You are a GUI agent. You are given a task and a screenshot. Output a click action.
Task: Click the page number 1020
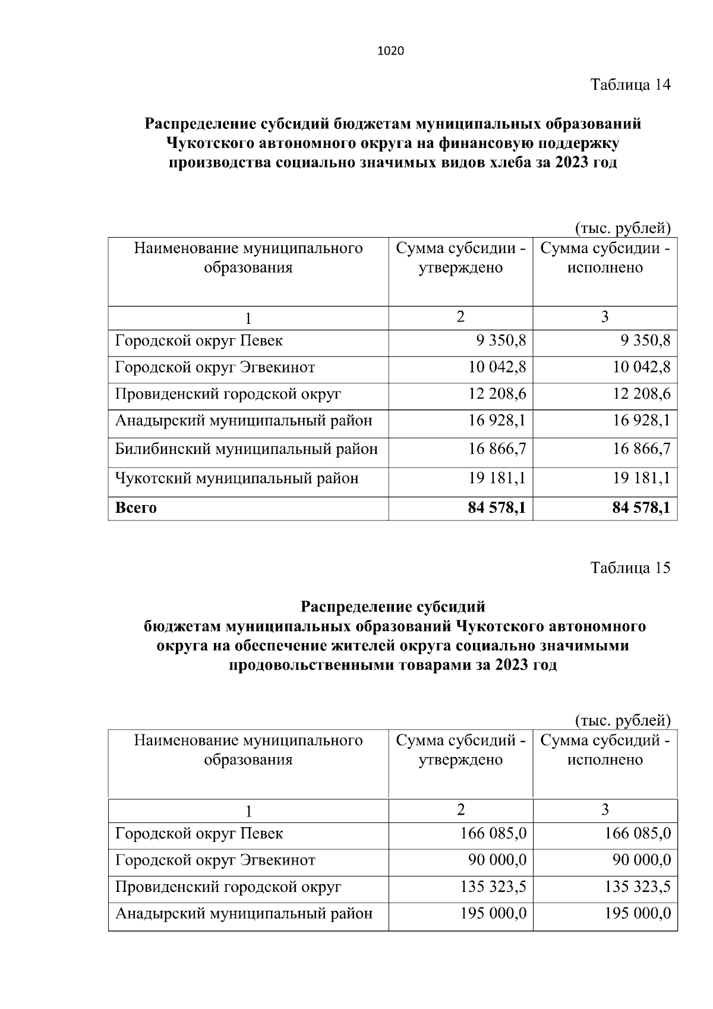(390, 51)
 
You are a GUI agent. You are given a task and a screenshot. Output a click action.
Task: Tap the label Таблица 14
(630, 85)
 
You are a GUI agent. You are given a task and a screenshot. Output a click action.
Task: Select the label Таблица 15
(630, 568)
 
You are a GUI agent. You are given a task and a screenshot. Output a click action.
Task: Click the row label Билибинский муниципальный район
(246, 449)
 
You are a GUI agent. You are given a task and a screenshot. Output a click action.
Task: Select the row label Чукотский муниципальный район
(236, 478)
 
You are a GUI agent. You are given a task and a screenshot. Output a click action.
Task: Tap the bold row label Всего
(136, 508)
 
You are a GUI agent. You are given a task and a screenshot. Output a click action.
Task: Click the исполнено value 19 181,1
(642, 478)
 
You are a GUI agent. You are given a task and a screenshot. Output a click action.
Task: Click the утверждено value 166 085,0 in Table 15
(493, 833)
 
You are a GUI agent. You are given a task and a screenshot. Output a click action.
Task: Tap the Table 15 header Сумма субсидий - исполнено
(605, 750)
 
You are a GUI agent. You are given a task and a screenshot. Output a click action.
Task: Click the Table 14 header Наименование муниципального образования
(248, 257)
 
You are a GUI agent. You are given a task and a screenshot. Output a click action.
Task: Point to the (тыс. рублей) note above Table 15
(623, 721)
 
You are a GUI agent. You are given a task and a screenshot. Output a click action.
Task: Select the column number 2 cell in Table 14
(460, 317)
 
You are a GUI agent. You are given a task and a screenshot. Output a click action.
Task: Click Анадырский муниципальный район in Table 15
(244, 913)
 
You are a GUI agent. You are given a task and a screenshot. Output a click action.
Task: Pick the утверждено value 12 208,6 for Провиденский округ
(497, 394)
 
